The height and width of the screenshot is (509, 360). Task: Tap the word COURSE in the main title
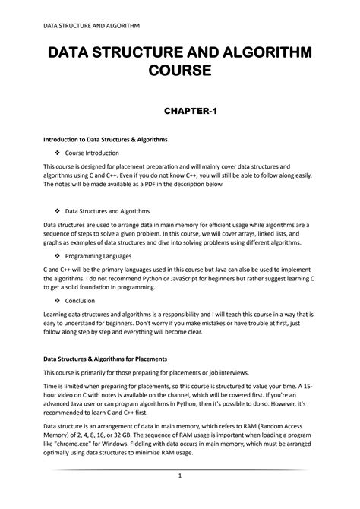[179, 72]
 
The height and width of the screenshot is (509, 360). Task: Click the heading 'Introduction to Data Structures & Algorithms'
[105, 140]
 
